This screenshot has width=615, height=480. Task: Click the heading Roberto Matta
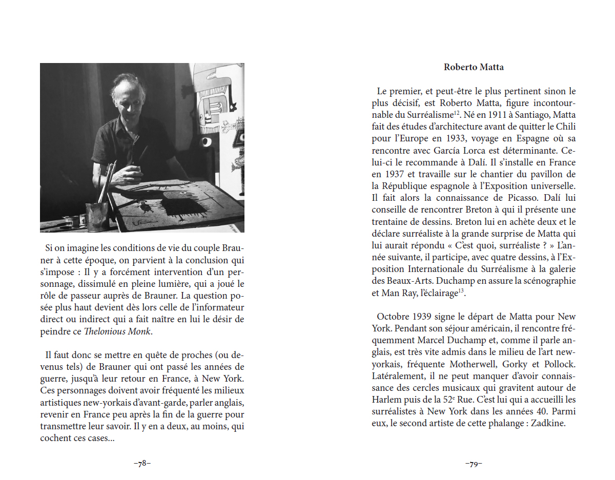(474, 67)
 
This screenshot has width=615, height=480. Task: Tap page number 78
(142, 464)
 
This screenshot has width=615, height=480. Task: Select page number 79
(474, 464)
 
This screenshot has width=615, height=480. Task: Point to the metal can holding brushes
(98, 216)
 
